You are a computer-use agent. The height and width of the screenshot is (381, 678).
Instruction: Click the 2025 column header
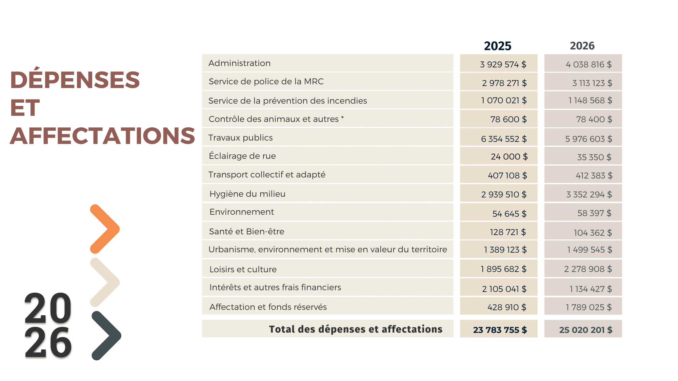[x=497, y=46]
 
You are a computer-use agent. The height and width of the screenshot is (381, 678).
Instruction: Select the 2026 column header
[x=582, y=46]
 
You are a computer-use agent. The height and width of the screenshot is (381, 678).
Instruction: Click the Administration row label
[x=239, y=63]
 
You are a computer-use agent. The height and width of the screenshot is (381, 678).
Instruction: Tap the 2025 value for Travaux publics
[x=504, y=139]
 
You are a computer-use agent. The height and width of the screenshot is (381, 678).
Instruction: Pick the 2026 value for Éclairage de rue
[x=594, y=157]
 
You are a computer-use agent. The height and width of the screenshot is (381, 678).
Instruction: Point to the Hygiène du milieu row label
[x=247, y=194]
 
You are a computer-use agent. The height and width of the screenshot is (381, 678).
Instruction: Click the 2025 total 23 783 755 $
[x=500, y=330]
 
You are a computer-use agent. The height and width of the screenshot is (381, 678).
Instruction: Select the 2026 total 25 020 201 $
[x=585, y=330]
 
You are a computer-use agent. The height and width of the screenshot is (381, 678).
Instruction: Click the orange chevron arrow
[x=105, y=229]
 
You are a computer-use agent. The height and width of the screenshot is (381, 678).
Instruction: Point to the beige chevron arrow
[x=105, y=282]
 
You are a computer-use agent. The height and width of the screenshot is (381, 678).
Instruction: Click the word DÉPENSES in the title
[x=75, y=80]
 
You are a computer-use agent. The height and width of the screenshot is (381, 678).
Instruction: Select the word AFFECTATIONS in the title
[x=102, y=136]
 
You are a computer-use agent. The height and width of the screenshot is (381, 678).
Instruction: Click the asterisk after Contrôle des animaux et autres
[x=342, y=118]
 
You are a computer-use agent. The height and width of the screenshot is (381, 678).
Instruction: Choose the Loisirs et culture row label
[x=243, y=270]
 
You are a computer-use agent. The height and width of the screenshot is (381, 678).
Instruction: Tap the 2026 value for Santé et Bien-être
[x=593, y=233]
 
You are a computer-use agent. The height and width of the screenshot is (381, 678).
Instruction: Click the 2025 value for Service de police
[x=504, y=83]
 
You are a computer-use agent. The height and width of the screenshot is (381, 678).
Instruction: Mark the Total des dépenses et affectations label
[x=356, y=329]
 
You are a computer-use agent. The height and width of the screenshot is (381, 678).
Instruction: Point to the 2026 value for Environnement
[x=594, y=213]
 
